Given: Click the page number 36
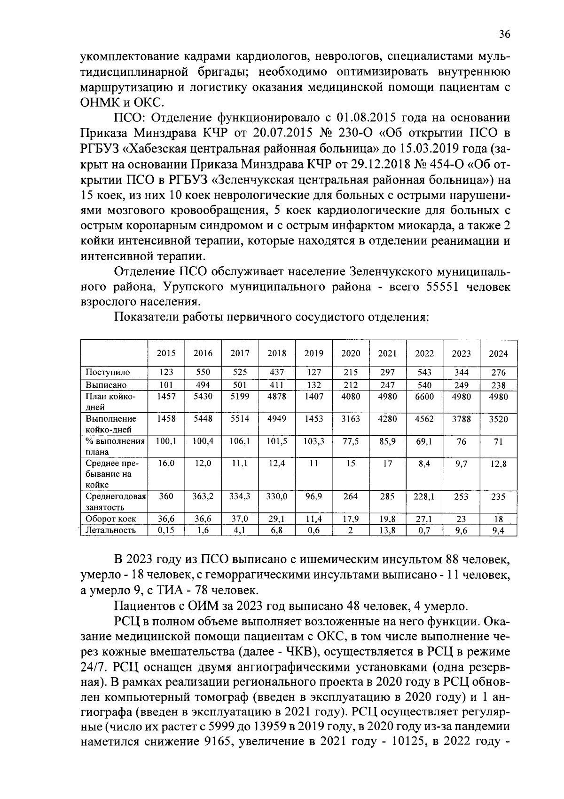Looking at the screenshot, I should (504, 34).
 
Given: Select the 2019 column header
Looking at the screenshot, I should (313, 353).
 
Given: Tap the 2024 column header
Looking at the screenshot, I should (498, 353).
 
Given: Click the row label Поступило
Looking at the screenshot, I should (108, 372).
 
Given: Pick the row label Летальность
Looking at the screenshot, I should (110, 530).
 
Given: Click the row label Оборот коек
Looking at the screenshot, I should (111, 519).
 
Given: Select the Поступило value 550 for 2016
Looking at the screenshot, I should (203, 372).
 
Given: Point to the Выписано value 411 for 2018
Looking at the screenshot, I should (277, 385).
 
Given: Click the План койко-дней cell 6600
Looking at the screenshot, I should (424, 397).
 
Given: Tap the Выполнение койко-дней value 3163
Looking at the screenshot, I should (351, 419).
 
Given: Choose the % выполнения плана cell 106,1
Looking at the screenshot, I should (240, 441).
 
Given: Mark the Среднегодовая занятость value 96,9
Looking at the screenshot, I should (313, 496).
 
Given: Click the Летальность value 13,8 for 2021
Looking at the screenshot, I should (387, 530).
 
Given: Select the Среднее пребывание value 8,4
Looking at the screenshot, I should (424, 463).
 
